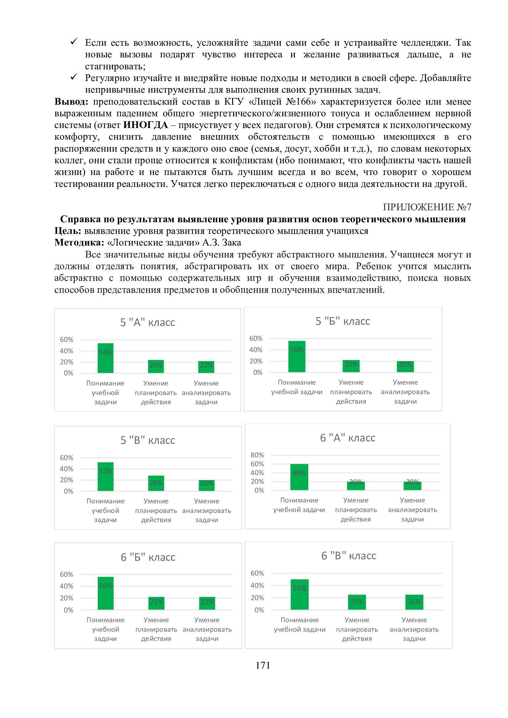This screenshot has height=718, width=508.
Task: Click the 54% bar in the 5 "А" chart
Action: pos(105,358)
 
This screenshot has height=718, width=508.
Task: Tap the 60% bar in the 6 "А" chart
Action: pos(299,477)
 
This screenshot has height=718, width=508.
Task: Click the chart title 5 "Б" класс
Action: pos(342,321)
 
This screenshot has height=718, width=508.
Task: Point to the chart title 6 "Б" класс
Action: pos(148,557)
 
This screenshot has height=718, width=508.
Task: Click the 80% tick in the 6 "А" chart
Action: pos(257,455)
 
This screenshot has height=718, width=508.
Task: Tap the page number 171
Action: pos(263,665)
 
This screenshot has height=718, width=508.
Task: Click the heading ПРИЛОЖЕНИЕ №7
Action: pos(427,207)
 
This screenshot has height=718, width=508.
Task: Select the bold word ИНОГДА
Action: pos(146,125)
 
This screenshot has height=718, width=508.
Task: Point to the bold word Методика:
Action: pos(79,243)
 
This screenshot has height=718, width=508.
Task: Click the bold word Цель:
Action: pos(68,231)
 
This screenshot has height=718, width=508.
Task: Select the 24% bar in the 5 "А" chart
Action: pos(156,366)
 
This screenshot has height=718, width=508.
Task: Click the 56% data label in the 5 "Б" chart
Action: pos(297,350)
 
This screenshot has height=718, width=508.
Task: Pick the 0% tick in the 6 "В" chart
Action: pos(259,610)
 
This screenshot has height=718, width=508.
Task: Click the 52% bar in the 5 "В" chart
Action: pos(105,477)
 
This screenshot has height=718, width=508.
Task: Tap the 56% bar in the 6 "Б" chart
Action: pos(105,593)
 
